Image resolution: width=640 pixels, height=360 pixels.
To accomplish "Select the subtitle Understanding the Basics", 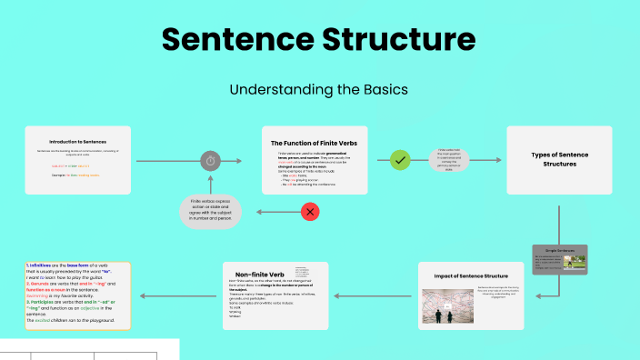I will pos(319,90).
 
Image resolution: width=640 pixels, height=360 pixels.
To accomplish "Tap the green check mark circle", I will pos(399,161).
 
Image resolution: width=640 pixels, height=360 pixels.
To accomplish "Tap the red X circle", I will pos(310,212).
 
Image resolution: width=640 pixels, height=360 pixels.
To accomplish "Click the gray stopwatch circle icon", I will pos(210,161).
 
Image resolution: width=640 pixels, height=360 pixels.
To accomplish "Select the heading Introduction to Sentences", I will pos(77,142).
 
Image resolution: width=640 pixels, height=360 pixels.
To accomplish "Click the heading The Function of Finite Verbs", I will pos(315,143).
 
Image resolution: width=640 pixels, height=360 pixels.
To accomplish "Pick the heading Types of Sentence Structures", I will pos(558,160).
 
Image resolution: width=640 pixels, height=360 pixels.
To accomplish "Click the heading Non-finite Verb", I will pos(260,274).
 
